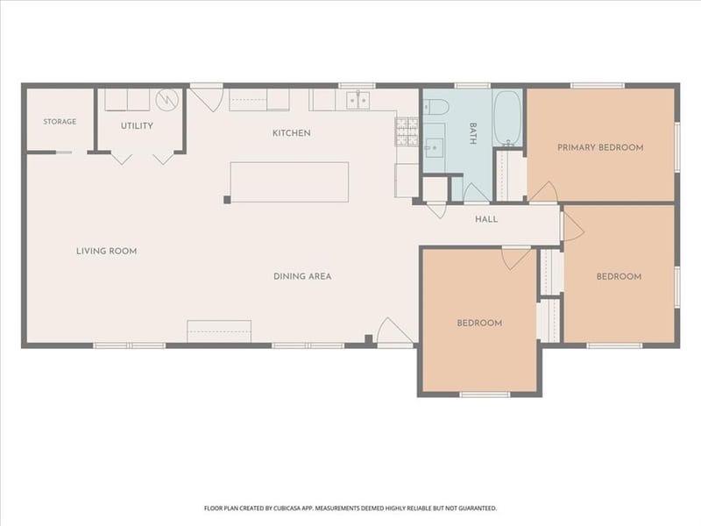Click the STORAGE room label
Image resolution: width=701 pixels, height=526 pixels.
[x=60, y=122]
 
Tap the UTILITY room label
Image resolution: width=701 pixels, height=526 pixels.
[x=137, y=126]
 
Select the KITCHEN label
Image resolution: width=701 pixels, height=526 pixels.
[x=292, y=133]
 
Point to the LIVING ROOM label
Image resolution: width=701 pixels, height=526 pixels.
[x=106, y=251]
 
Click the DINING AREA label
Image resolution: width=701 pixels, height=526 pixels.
[x=302, y=276]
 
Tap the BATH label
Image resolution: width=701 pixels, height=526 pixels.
[x=473, y=133]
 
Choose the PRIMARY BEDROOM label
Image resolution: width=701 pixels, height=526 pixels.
[x=600, y=147]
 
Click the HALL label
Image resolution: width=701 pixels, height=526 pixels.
[x=486, y=219]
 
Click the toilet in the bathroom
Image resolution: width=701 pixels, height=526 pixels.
[x=435, y=107]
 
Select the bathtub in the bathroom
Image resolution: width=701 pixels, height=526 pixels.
[x=507, y=117]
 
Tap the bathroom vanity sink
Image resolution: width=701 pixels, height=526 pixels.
[x=434, y=146]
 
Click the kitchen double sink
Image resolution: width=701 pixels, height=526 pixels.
[x=358, y=101]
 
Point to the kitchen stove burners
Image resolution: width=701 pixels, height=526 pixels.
[x=407, y=132]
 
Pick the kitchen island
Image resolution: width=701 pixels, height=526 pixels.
[x=289, y=182]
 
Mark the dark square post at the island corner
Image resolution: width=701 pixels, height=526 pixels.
[x=227, y=200]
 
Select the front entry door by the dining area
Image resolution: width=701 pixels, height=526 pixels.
[x=395, y=332]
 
